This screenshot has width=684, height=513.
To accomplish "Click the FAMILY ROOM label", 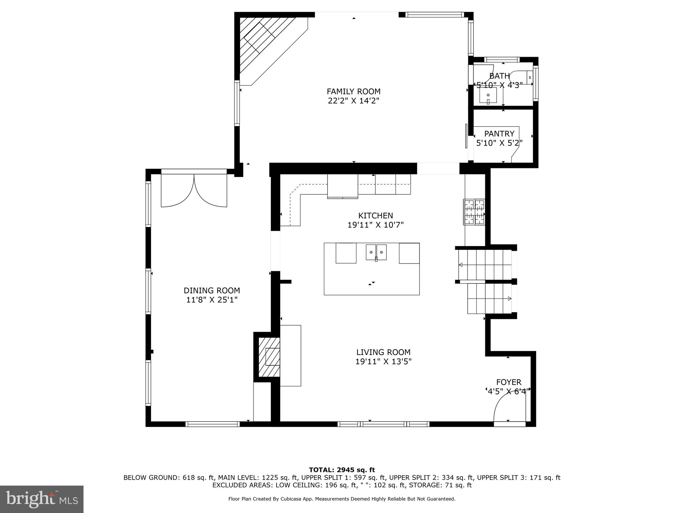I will tap(353, 92).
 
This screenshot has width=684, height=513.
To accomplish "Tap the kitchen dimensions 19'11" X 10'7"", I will tap(375, 225).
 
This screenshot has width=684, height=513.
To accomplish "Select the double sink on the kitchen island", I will tap(376, 252).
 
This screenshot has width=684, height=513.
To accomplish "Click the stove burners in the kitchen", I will tap(474, 212).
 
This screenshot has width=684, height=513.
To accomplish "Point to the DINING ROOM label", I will tap(212, 291).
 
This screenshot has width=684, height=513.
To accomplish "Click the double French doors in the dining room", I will tap(194, 190).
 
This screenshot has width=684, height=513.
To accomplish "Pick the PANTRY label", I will tap(499, 134).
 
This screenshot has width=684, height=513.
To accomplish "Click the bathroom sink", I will tap(488, 96).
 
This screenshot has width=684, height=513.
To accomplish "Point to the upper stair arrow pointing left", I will tap(461, 265).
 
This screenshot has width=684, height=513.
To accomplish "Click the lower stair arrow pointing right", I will tap(509, 298).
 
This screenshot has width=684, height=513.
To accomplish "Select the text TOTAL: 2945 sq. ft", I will tap(342, 470).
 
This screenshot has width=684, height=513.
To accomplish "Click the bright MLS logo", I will tap(42, 499).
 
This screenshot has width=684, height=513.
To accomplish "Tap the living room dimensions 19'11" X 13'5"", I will tap(383, 361).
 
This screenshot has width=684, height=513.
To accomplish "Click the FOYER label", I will tap(508, 382).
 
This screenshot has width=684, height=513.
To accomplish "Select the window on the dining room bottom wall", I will tap(212, 424).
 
